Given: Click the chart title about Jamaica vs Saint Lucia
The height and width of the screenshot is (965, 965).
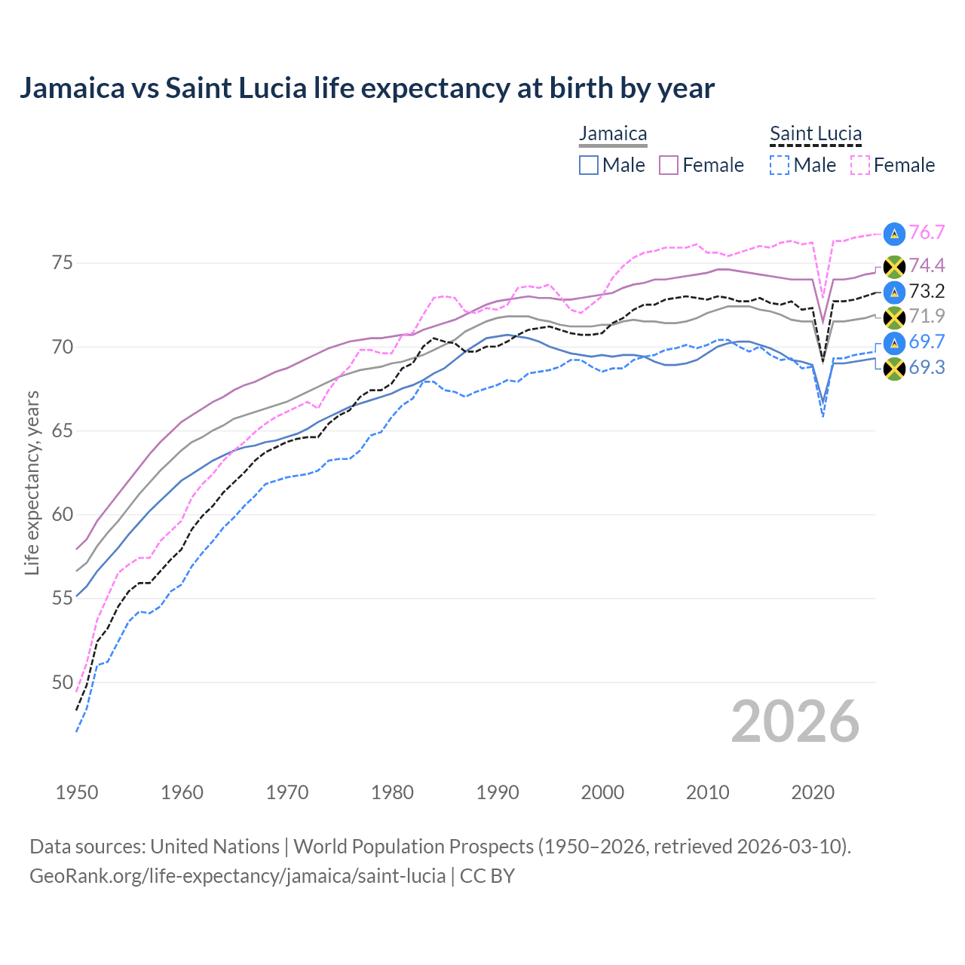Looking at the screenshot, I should coord(366,88).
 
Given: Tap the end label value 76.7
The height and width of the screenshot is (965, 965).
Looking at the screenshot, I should coord(927,232).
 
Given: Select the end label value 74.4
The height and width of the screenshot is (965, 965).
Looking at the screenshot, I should coord(927,265).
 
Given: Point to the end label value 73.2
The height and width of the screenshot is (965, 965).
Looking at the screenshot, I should coord(927,291).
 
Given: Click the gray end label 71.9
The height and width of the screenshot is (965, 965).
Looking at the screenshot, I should coord(927,316).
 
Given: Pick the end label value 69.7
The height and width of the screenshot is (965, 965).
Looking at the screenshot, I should coord(927,342).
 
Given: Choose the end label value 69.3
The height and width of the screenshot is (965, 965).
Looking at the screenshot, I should coord(927,367).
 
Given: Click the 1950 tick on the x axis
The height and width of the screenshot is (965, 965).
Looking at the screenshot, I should coord(77,792).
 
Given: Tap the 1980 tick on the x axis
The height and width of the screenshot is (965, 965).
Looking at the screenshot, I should coord(392,792).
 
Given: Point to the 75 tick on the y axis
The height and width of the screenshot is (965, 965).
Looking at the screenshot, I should coord(62,263).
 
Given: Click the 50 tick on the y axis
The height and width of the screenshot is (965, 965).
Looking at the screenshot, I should coord(62,682).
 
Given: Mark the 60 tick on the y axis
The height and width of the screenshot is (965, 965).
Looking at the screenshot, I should coord(62,515).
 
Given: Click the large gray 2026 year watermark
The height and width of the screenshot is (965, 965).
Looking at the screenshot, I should coord(795,721).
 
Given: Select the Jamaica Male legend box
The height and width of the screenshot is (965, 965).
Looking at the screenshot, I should coord(589,165).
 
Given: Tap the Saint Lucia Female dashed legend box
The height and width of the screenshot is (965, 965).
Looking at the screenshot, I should coord(860,165).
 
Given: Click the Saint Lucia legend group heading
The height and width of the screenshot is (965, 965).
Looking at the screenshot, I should coord(815,133).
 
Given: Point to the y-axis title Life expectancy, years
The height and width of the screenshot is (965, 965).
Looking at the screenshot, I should coord(32,482).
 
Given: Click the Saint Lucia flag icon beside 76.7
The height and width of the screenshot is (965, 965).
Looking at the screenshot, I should coord(894,234).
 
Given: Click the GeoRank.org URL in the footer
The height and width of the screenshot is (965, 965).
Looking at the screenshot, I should coord(237,876).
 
